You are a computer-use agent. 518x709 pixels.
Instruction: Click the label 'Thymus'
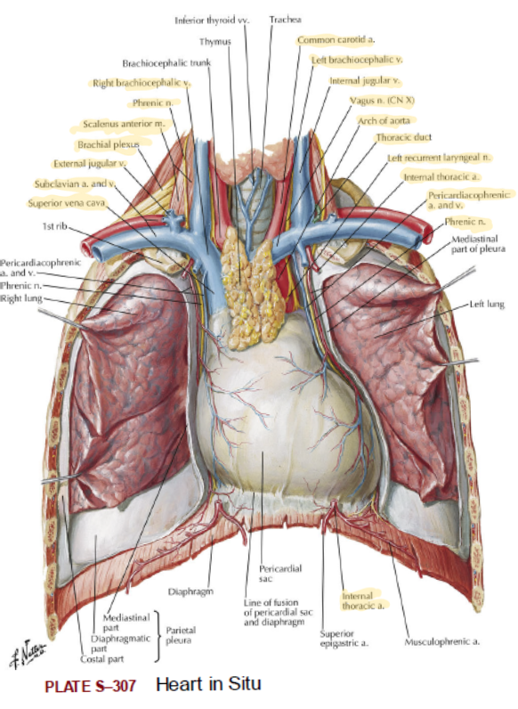click(215, 42)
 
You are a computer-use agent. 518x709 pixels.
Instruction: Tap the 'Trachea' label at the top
click(285, 20)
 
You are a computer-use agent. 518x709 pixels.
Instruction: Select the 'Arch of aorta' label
click(384, 121)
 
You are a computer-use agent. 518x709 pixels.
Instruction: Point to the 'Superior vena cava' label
click(67, 203)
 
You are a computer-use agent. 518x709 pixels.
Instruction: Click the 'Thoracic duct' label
click(404, 137)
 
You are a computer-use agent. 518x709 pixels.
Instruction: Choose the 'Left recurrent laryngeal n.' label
click(439, 158)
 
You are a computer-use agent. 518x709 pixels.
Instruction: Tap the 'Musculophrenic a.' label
click(442, 641)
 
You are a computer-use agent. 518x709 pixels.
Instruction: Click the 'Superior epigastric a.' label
click(344, 638)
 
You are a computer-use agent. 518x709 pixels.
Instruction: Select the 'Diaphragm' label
click(190, 591)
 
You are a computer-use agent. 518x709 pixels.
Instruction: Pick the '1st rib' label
click(54, 226)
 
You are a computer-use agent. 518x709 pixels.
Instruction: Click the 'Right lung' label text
click(21, 298)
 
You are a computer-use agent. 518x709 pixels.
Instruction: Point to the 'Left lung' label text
click(487, 305)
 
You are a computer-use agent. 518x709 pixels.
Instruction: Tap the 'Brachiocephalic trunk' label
click(166, 63)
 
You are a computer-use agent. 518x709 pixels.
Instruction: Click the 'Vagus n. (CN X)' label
click(382, 101)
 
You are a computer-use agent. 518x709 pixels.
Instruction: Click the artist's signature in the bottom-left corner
click(27, 654)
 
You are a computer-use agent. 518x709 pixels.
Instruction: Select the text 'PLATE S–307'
click(90, 686)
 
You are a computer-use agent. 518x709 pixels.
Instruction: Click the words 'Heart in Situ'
click(208, 684)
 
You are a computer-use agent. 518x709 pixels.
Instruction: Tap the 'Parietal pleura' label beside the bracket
click(181, 635)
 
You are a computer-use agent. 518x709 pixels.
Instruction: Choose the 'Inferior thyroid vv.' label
click(212, 20)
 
